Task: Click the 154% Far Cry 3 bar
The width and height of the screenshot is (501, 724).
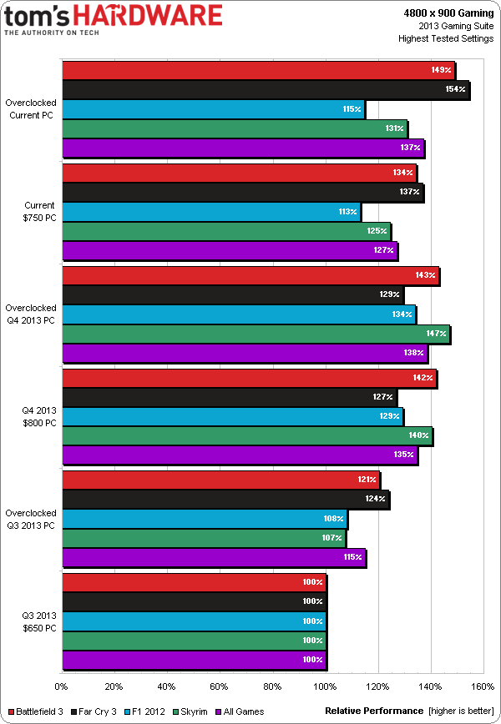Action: (266, 89)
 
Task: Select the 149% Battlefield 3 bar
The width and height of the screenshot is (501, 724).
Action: (259, 70)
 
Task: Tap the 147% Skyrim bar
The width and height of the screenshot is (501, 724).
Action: (256, 334)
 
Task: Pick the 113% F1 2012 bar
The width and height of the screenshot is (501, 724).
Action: (211, 211)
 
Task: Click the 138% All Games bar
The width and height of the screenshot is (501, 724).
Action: (245, 353)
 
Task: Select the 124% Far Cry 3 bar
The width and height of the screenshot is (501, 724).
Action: (225, 499)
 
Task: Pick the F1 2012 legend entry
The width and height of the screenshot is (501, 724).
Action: (142, 711)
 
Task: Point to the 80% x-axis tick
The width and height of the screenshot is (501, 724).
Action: (272, 687)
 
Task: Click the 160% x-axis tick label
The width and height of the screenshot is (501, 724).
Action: (483, 687)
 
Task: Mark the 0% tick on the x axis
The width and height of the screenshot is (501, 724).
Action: (61, 687)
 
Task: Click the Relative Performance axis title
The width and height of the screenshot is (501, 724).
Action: (374, 711)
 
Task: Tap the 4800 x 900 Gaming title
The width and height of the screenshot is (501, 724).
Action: (450, 13)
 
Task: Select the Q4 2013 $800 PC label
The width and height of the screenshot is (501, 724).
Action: (39, 416)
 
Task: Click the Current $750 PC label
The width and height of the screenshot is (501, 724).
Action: (39, 211)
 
